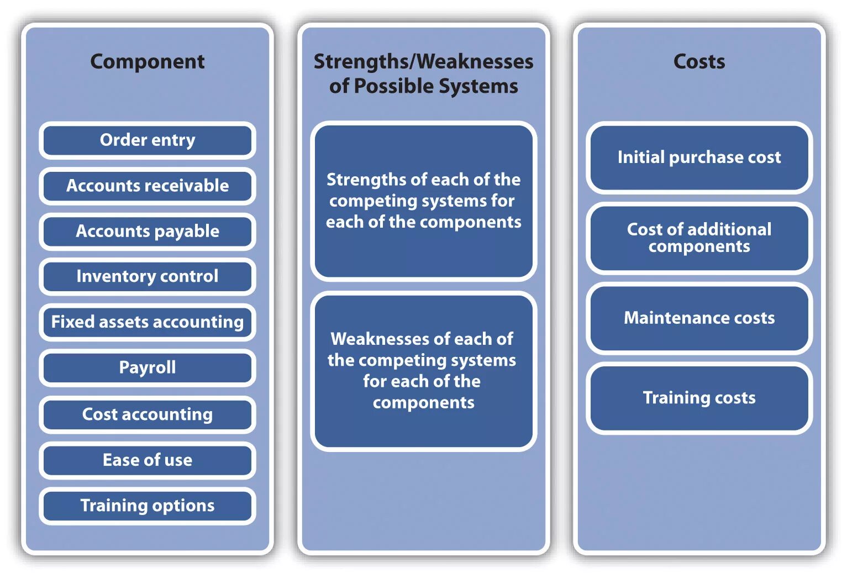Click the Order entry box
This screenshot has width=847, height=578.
click(x=148, y=140)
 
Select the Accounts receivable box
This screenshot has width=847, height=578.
click(x=148, y=186)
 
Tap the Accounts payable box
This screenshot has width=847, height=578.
click(x=148, y=231)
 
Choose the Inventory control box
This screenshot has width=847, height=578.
click(x=148, y=276)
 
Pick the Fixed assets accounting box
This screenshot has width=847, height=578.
click(x=148, y=322)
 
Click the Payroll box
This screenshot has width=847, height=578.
click(x=148, y=367)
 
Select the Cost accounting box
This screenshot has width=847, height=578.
click(x=148, y=414)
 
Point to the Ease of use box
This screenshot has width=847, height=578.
click(x=148, y=460)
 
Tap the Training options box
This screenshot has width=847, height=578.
click(x=148, y=506)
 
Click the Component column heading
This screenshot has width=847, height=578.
click(x=148, y=61)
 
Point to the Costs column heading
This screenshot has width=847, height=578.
click(x=699, y=61)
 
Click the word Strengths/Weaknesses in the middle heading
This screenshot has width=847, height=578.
click(x=423, y=61)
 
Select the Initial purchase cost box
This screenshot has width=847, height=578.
click(x=699, y=157)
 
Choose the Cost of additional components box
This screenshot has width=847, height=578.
click(x=699, y=238)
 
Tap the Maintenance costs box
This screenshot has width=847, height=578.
click(x=699, y=318)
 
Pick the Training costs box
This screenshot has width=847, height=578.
click(x=699, y=398)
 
